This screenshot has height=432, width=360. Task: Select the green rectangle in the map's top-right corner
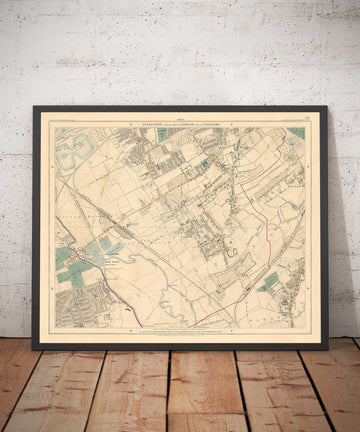(x=296, y=132)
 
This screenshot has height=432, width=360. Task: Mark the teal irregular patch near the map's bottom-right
(x=268, y=282)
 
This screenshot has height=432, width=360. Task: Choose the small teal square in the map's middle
(x=206, y=164)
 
